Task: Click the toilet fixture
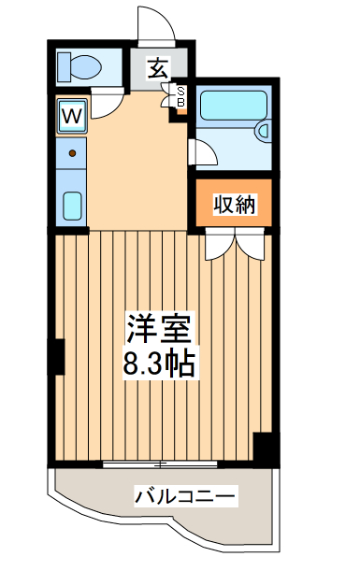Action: coord(78,66)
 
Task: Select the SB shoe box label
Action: coord(181,95)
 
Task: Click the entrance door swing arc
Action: coord(153,23)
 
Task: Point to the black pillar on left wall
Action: coord(55,355)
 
